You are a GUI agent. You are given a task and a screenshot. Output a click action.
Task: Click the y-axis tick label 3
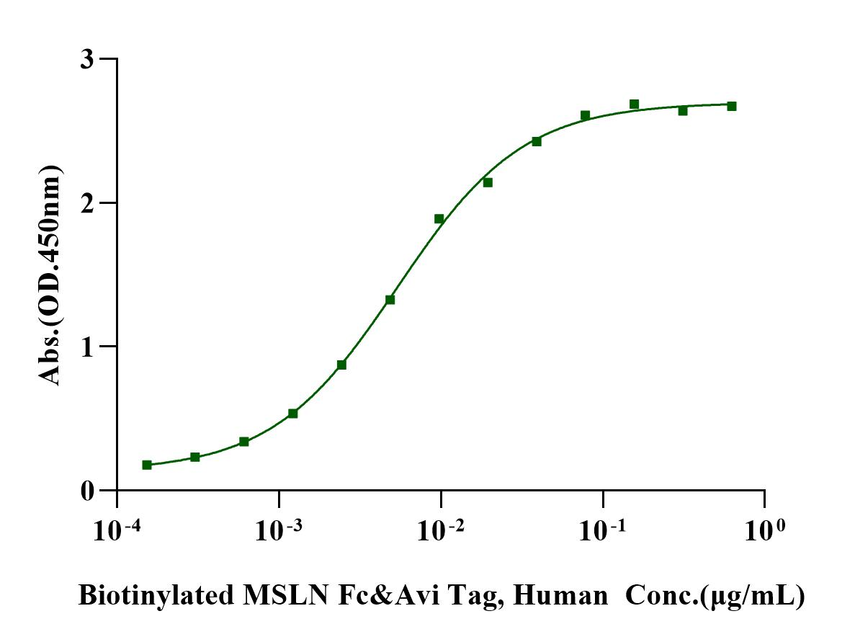click(x=87, y=59)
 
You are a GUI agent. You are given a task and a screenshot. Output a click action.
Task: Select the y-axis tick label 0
click(x=87, y=491)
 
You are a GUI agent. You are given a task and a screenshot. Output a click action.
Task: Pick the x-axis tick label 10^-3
click(x=277, y=530)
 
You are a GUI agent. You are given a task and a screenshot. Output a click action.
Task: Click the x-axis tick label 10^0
click(x=764, y=530)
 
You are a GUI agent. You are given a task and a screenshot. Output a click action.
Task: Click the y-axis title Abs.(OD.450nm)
click(x=51, y=274)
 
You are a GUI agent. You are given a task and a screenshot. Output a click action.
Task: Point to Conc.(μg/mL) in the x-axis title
click(x=714, y=597)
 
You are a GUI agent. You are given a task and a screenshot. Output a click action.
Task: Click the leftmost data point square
click(x=147, y=465)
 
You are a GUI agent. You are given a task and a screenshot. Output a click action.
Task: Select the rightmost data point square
click(x=732, y=106)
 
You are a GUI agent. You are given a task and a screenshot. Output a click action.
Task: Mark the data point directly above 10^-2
click(x=439, y=218)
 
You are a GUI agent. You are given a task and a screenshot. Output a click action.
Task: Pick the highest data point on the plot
click(x=634, y=104)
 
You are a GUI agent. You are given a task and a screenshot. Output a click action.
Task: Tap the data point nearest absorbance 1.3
click(x=390, y=300)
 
